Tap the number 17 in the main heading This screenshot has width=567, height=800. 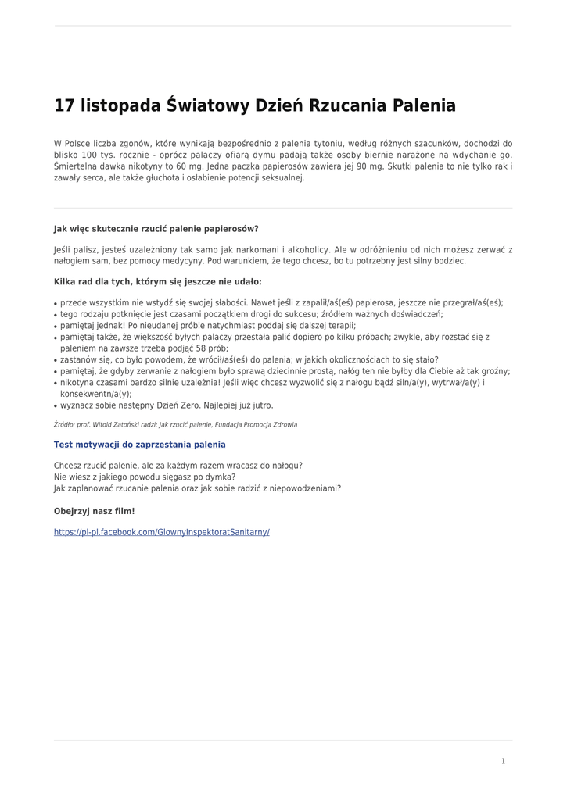click(x=63, y=105)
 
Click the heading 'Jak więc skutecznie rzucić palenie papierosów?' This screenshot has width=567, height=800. click(x=156, y=229)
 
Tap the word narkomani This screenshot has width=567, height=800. click(x=256, y=250)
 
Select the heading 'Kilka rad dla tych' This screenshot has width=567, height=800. click(x=157, y=281)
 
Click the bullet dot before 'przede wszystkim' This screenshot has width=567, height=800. click(x=56, y=304)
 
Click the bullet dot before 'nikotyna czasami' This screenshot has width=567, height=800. click(x=56, y=384)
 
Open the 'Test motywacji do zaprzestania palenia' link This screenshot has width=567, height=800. click(x=139, y=445)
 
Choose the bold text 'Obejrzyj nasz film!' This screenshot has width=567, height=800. click(x=94, y=511)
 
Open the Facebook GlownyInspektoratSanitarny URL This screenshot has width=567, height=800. click(x=161, y=532)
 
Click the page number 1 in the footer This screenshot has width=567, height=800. click(x=503, y=761)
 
